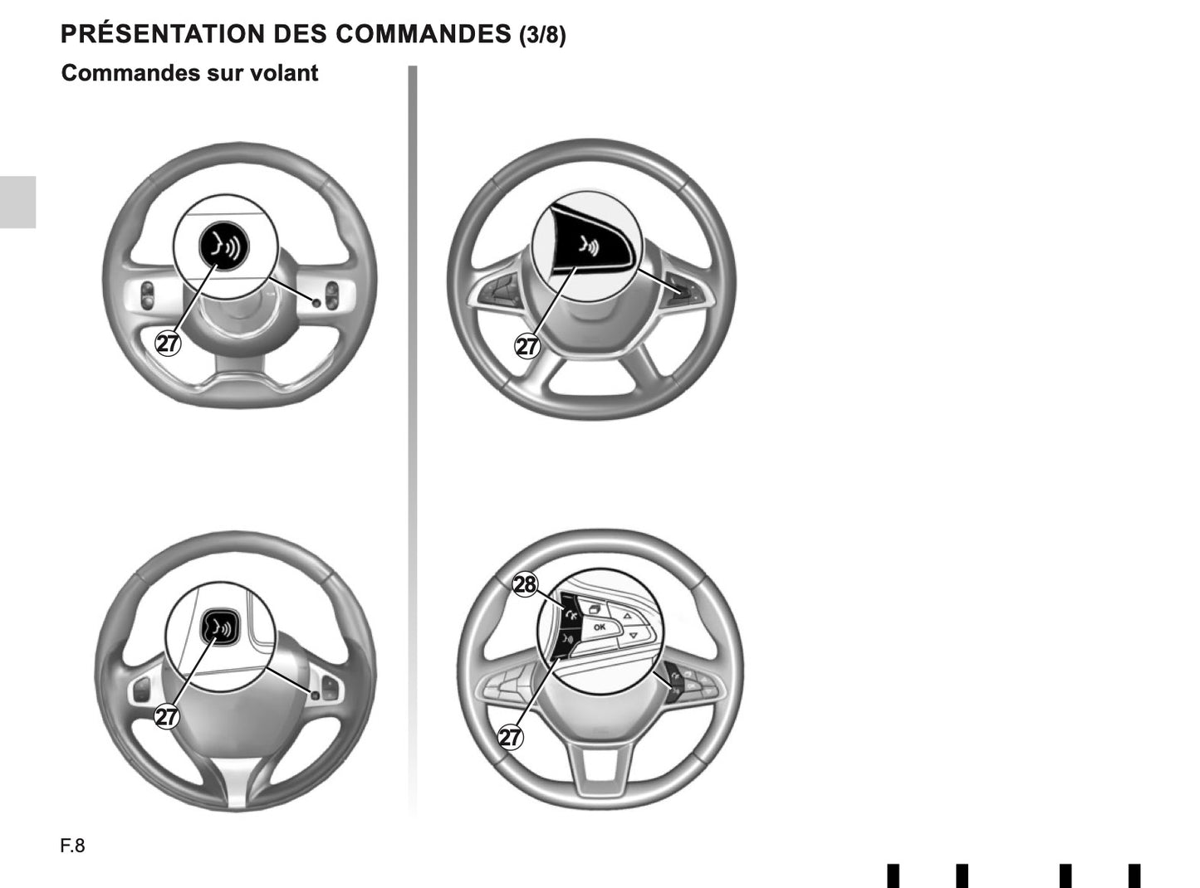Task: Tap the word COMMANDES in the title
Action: [423, 34]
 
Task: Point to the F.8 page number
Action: [72, 846]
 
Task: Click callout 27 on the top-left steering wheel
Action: [169, 342]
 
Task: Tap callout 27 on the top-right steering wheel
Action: [527, 345]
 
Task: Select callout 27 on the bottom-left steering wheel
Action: [167, 715]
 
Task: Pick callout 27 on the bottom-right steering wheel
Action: [510, 736]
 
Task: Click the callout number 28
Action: [525, 585]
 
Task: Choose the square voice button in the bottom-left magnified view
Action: [220, 628]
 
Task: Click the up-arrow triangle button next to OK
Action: [628, 617]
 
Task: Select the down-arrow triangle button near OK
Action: [632, 635]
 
